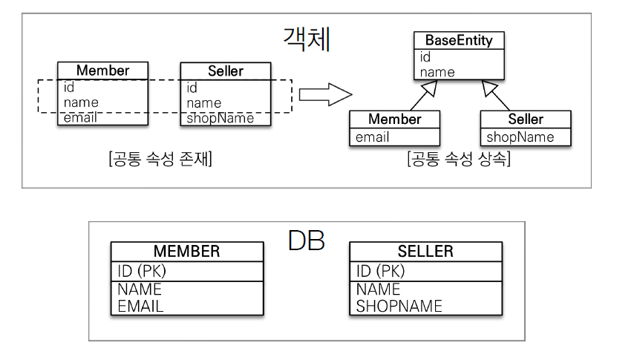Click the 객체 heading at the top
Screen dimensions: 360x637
point(306,39)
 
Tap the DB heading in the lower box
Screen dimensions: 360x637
point(305,241)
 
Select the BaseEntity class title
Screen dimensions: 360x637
point(458,40)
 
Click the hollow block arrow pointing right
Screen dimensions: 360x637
point(324,94)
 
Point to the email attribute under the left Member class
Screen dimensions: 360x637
point(79,118)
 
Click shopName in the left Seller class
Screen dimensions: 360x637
point(220,118)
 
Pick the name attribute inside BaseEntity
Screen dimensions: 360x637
point(437,72)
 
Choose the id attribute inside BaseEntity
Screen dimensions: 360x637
point(425,57)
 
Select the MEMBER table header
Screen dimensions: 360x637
point(186,252)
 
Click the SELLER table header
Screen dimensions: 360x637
point(425,252)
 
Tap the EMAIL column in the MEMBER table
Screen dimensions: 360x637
point(140,305)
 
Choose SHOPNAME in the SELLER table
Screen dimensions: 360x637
point(399,305)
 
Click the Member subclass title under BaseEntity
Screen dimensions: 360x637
point(394,120)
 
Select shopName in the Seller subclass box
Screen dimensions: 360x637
point(520,137)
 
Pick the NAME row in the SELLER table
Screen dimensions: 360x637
point(378,289)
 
